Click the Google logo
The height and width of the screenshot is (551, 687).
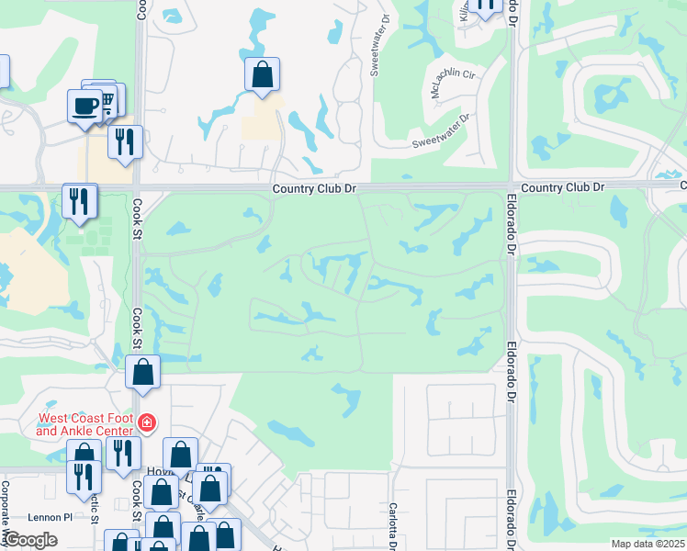29,540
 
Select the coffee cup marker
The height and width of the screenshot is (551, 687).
85,105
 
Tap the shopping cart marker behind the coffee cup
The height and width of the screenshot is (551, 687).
107,98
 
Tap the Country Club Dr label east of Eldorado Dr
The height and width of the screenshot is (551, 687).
562,187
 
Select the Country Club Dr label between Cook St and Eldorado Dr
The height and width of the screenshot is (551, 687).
313,188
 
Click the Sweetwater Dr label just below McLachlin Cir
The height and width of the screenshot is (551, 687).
440,130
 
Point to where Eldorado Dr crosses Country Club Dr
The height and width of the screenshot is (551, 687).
511,186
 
